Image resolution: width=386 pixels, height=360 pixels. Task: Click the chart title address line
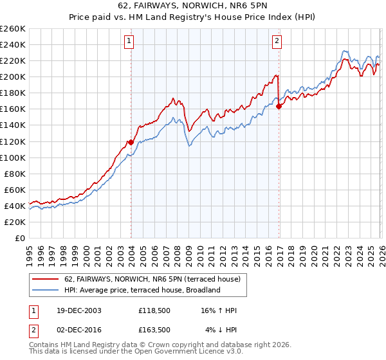click(193, 6)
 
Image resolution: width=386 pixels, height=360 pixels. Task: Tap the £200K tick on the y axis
click(13, 76)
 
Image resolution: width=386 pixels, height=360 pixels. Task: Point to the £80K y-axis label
click(15, 174)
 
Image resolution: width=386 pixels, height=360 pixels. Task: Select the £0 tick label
click(21, 238)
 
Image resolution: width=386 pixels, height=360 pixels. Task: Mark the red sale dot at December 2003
click(131, 142)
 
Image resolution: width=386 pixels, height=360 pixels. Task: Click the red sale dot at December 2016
click(279, 107)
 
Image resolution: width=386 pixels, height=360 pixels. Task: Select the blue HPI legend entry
click(142, 290)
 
